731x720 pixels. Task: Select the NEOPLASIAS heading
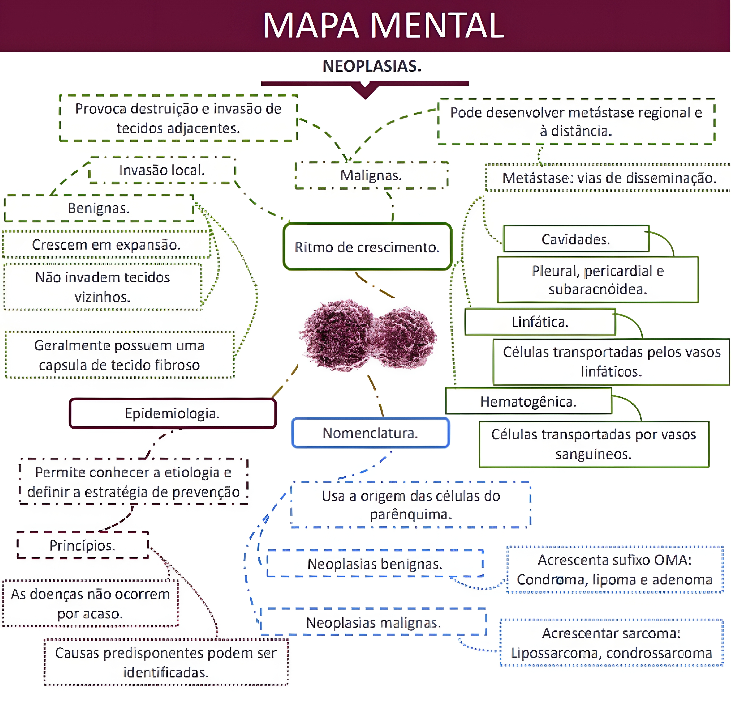pyautogui.click(x=372, y=66)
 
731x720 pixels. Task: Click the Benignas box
pyautogui.click(x=98, y=208)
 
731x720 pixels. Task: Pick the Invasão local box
pyautogui.click(x=162, y=170)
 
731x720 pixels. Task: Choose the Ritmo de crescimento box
pyautogui.click(x=367, y=247)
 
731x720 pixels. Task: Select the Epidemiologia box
pyautogui.click(x=172, y=413)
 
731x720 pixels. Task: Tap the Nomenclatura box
pyautogui.click(x=370, y=433)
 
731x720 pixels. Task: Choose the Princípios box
pyautogui.click(x=82, y=545)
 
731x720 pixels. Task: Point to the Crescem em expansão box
pyautogui.click(x=106, y=245)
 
